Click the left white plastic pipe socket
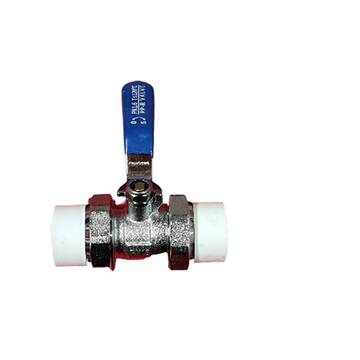(x=70, y=235)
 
